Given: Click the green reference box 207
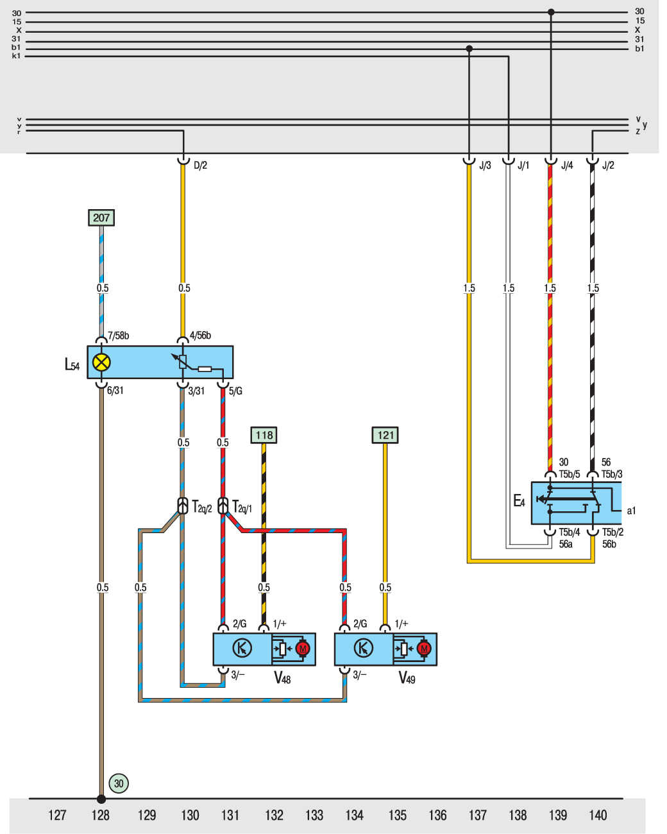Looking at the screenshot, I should [101, 217].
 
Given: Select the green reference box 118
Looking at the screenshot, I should [264, 435].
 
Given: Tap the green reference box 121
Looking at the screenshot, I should [385, 435].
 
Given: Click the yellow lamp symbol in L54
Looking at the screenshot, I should [101, 362].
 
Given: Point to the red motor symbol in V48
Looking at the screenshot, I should [303, 649].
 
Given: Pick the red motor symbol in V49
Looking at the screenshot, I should [424, 649].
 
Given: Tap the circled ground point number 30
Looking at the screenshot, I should [119, 783].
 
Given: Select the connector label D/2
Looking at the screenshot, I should [200, 166].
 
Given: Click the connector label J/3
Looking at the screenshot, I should [485, 166].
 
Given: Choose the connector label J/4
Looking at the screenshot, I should [567, 166].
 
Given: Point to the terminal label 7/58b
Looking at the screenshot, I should [118, 336].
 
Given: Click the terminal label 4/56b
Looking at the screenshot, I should [200, 336].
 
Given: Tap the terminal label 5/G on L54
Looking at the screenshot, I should [235, 391].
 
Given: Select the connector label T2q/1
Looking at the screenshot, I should [241, 507].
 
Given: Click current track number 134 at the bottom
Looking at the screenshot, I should [354, 815].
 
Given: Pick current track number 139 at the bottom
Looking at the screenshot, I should [558, 815].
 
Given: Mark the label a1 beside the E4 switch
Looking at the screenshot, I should [631, 511].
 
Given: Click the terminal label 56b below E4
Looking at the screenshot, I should [609, 544].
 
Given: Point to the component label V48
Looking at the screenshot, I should [282, 677].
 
